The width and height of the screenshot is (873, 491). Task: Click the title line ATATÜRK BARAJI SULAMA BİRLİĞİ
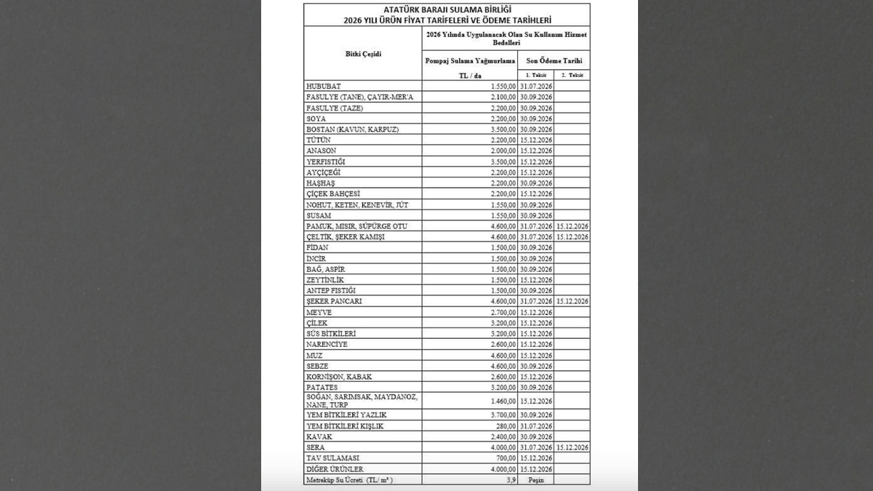pos(446,9)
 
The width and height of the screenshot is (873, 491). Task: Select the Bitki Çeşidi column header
pos(363,54)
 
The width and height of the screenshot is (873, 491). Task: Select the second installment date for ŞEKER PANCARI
pos(572,301)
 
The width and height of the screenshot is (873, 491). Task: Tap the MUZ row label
pos(314,356)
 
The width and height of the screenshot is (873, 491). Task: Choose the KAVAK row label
pos(318,436)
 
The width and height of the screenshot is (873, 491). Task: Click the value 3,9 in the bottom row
pos(510,480)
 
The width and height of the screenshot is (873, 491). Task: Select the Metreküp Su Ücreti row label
pos(352,480)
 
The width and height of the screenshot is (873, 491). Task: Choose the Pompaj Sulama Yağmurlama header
pos(470,61)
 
